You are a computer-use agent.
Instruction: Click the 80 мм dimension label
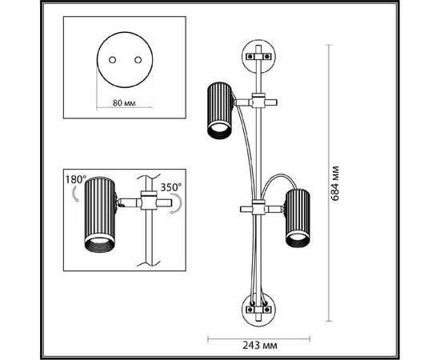(x=124, y=103)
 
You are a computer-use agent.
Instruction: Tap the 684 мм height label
(x=334, y=183)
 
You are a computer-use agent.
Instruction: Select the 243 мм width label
(x=259, y=345)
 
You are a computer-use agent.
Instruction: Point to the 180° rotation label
(x=76, y=179)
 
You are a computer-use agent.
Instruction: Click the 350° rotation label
(x=171, y=187)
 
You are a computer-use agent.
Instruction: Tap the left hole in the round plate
(x=112, y=60)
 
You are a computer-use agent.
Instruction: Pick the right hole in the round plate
(x=138, y=60)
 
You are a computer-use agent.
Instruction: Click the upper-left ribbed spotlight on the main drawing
(x=220, y=110)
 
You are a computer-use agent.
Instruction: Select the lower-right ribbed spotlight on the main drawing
(x=298, y=218)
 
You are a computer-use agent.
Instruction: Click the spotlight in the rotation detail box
(x=100, y=214)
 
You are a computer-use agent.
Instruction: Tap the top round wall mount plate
(x=259, y=56)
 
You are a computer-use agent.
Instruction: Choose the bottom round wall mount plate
(x=259, y=310)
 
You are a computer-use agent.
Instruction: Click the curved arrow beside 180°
(x=75, y=194)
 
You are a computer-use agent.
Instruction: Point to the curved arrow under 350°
(x=177, y=205)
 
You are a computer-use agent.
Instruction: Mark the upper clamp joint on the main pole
(x=258, y=101)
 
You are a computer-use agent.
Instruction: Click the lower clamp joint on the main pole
(x=258, y=208)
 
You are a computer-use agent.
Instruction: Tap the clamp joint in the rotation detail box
(x=149, y=200)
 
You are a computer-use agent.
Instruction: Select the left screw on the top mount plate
(x=249, y=56)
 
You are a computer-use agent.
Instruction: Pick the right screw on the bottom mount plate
(x=267, y=310)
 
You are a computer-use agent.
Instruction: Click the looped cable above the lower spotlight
(x=278, y=176)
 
